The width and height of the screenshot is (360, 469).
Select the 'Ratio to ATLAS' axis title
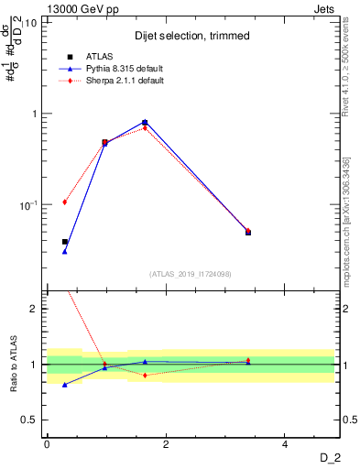coord(13,365)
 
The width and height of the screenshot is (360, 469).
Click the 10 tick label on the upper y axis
coord(29,23)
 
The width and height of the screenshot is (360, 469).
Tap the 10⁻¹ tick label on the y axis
coord(27,204)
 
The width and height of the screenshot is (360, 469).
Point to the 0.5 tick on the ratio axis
coord(29,420)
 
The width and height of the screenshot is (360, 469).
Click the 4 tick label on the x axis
coord(285,444)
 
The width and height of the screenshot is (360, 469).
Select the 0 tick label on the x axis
coord(47,444)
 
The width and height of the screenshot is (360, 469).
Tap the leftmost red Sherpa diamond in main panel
coord(64,202)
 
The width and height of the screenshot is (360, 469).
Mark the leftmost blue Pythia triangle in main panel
coord(64,251)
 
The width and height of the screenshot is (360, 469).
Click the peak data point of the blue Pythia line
coord(145,122)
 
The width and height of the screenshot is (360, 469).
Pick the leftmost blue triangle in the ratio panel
coord(64,385)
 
